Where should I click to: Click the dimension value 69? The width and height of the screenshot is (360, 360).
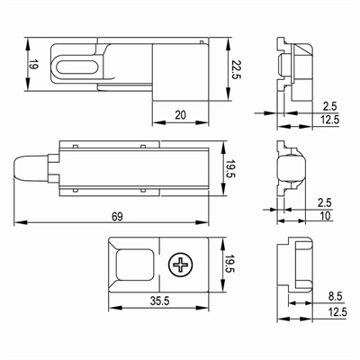(117, 216)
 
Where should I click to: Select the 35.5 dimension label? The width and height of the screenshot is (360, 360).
(159, 301)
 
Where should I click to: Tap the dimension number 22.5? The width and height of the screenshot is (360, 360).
(236, 69)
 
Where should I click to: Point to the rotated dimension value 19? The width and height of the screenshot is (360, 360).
(33, 65)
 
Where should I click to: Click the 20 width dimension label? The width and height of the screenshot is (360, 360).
(180, 115)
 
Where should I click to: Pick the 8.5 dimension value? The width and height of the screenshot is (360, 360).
(335, 297)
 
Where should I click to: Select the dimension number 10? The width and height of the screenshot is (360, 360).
(325, 216)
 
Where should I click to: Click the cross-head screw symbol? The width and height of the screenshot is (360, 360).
(181, 265)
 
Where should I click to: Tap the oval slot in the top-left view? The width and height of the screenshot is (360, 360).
(77, 67)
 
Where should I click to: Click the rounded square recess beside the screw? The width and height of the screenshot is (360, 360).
(135, 265)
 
